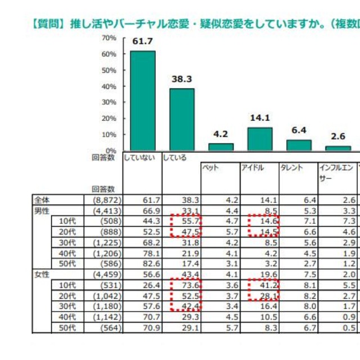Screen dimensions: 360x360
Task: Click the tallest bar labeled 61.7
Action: coord(143,100)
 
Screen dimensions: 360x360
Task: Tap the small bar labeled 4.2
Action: coord(220,147)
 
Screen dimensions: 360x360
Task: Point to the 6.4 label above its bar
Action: coord(299,130)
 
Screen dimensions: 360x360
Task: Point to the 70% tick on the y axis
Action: coord(109,38)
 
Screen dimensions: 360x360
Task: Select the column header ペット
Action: coord(211,168)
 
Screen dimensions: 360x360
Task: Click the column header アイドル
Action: coord(253,168)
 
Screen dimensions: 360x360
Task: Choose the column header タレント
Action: coord(291,168)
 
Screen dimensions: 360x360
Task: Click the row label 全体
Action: coord(42,200)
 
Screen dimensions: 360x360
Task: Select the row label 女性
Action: coord(42,274)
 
